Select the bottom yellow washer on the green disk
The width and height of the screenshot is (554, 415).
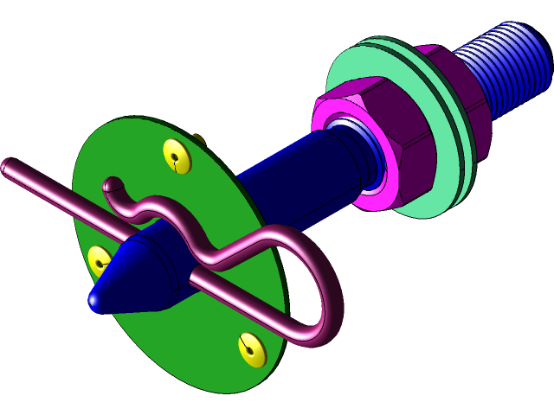tap(252, 349)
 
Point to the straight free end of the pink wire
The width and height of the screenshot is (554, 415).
tap(7, 165)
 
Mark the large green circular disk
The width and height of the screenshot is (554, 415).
tap(216, 346)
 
